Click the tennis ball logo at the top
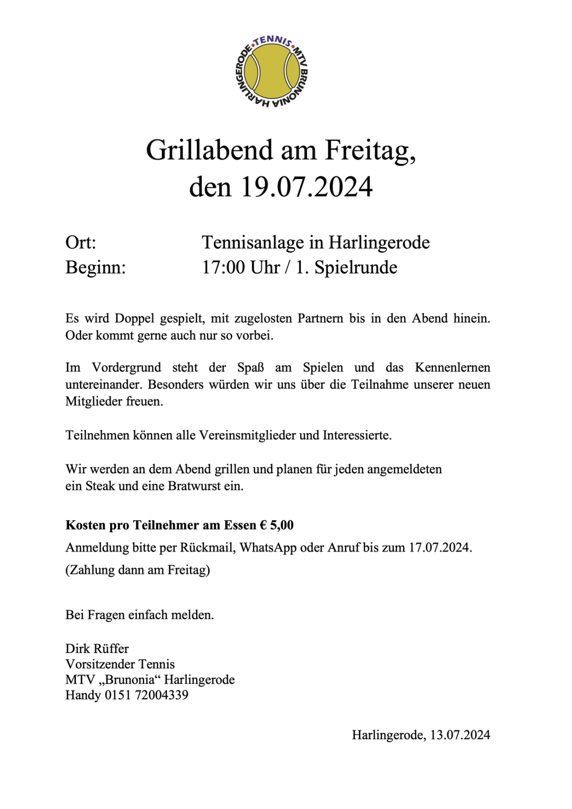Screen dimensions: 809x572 [x=271, y=72]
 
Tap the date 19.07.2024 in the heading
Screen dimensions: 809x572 [x=306, y=186]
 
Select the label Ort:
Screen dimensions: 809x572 [x=80, y=243]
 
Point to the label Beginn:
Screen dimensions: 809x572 [x=95, y=267]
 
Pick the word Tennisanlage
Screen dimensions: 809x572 [x=253, y=243]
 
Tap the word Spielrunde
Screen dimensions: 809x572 [x=356, y=267]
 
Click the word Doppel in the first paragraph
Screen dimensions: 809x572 [x=134, y=318]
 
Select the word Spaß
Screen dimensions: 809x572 [x=250, y=367]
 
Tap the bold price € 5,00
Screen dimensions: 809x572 [x=276, y=525]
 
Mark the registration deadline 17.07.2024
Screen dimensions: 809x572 [x=438, y=548]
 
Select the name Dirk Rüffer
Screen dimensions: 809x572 [x=97, y=649]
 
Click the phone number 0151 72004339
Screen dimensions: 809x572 [x=146, y=695]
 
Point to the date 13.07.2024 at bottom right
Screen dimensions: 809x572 [x=460, y=735]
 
